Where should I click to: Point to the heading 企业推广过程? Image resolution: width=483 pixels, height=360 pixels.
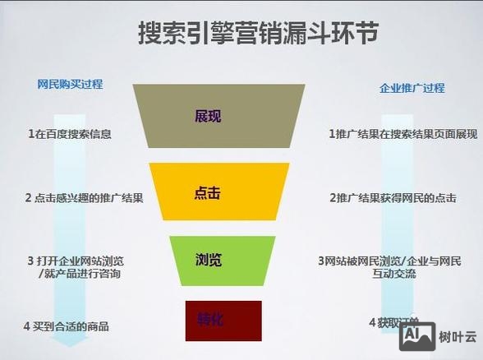coord(412,88)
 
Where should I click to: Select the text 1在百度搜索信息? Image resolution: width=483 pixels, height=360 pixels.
coord(69,133)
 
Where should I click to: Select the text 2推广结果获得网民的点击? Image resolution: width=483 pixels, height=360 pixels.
coord(393,198)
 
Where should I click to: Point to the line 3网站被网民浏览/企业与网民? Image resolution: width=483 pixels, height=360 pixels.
coord(389,261)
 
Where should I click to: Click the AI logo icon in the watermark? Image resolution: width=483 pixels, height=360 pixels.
coord(416,333)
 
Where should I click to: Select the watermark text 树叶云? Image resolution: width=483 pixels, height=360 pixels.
coord(454,334)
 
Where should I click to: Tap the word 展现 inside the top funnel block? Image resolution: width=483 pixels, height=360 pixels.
coord(208,117)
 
